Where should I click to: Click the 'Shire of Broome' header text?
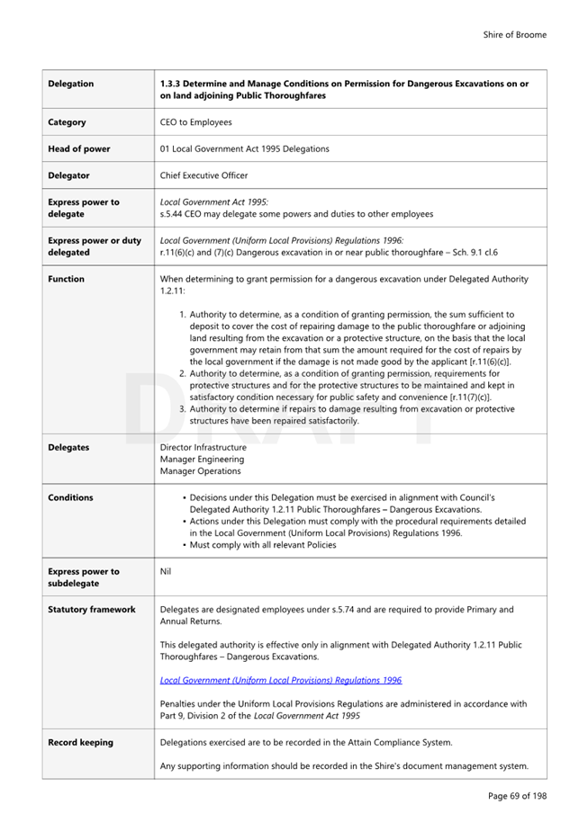click(x=514, y=35)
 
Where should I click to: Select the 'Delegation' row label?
click(x=70, y=84)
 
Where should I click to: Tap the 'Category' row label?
click(x=67, y=122)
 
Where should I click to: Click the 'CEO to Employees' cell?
click(x=195, y=122)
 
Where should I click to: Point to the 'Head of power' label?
click(x=77, y=148)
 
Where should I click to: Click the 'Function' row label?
click(x=66, y=279)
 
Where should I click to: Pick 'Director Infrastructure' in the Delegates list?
click(x=203, y=447)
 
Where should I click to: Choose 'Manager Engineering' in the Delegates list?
click(x=201, y=459)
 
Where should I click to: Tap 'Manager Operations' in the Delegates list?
click(x=200, y=470)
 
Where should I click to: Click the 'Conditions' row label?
click(x=70, y=497)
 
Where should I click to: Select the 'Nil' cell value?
click(x=165, y=571)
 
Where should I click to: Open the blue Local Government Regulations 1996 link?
click(x=280, y=680)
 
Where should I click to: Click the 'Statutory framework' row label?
click(x=91, y=609)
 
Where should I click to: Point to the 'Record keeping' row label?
click(x=80, y=742)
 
